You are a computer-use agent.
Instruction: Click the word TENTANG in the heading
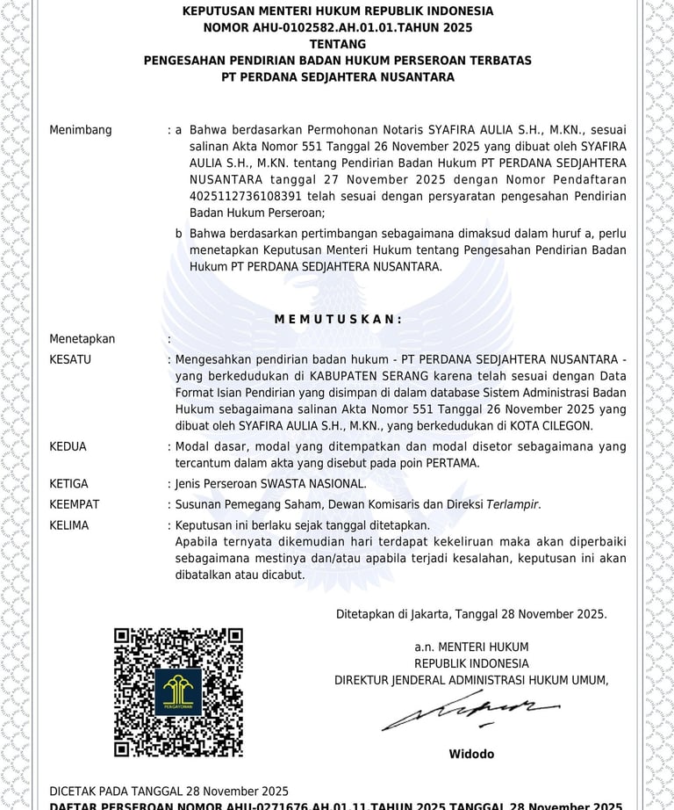(338, 44)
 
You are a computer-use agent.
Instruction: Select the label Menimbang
(81, 130)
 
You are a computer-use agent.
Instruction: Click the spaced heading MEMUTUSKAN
(338, 319)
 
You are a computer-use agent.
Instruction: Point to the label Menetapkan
(82, 339)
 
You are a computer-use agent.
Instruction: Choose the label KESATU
(70, 359)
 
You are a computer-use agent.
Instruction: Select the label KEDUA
(68, 446)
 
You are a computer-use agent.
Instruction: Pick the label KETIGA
(69, 484)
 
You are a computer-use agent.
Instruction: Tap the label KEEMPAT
(75, 504)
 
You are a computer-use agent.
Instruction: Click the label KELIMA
(69, 525)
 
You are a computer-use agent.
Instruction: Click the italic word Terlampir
(513, 504)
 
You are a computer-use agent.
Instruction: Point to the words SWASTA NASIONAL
(313, 484)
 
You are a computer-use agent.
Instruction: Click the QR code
(179, 691)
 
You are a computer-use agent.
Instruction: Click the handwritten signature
(470, 711)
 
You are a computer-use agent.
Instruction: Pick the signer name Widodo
(471, 754)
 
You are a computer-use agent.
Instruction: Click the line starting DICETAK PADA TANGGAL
(169, 791)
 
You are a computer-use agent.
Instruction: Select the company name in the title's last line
(338, 77)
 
